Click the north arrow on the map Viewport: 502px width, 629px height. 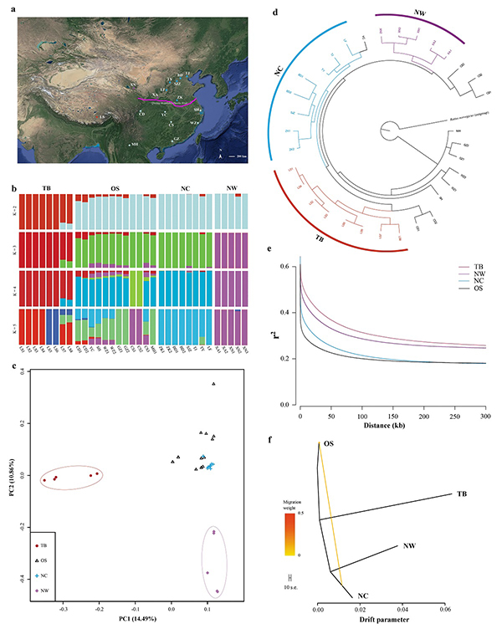[x=220, y=154]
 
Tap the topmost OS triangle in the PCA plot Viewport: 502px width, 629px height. [x=213, y=384]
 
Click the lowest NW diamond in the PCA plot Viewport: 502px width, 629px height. [x=218, y=591]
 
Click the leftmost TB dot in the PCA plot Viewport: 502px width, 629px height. [x=44, y=480]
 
